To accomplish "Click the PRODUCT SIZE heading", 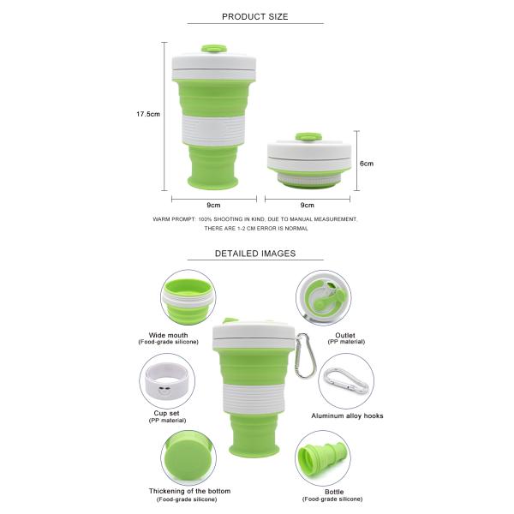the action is coord(255,17).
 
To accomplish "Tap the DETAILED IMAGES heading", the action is coord(255,254).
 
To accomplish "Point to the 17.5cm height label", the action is coord(148,114).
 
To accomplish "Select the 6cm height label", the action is coord(367,164).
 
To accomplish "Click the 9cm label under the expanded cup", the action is coord(213,206).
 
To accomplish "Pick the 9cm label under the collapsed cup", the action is coord(308,206).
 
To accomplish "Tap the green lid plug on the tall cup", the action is coord(214,50).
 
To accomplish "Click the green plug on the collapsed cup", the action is coord(308,137).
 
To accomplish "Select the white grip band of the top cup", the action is coord(213,130).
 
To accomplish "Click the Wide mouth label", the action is coord(168,335).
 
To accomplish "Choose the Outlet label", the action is coord(345,335).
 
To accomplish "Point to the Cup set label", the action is coord(167,414).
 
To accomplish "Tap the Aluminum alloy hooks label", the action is coord(347,415).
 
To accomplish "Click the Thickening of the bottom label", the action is coord(189,491).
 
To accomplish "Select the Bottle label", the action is coord(334,492).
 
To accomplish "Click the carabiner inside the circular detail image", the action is coord(345,381).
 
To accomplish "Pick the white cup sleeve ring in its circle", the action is coord(166,381).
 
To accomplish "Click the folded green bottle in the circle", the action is coord(322,457).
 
